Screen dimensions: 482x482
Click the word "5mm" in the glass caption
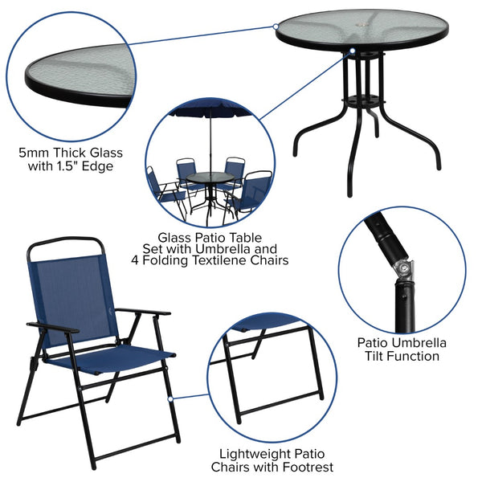coord(35,152)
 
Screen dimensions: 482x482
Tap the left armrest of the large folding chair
coord(52,327)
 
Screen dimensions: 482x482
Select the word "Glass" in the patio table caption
coord(176,238)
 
